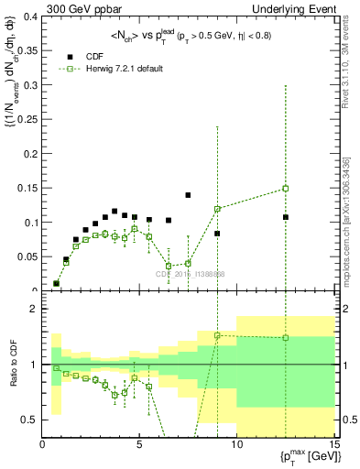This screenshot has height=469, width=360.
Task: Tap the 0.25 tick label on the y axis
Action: click(27, 119)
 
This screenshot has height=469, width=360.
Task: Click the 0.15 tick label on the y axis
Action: click(27, 188)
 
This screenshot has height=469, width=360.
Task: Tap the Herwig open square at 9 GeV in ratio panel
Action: click(217, 335)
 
